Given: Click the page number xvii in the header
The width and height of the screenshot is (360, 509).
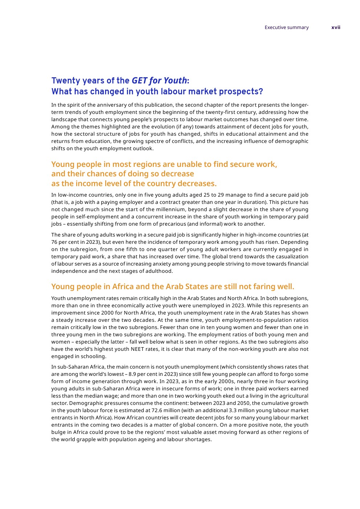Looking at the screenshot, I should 336,28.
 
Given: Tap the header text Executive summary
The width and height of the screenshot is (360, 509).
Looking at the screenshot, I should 286,28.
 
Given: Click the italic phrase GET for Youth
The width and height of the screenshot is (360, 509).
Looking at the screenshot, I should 159,81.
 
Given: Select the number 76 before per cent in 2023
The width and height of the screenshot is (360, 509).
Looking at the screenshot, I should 54,242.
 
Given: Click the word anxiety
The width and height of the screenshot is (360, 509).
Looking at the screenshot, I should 146,264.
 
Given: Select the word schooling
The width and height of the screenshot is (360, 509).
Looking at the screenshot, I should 93,356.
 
